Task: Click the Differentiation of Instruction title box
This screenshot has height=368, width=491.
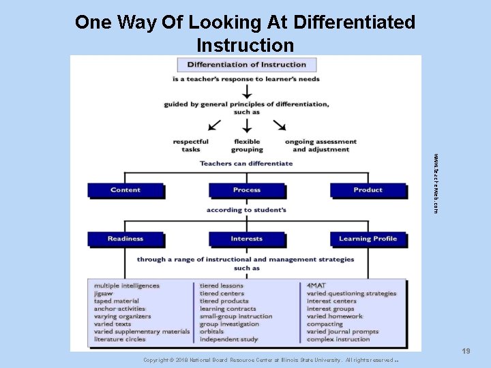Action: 246,65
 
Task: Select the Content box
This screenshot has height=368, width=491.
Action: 125,190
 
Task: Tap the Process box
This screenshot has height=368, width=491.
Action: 246,190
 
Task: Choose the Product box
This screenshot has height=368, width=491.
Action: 368,190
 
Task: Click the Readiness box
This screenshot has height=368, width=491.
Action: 125,239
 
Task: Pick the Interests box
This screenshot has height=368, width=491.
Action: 246,239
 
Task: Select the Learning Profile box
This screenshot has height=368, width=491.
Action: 368,239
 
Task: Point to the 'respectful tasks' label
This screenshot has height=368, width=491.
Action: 191,146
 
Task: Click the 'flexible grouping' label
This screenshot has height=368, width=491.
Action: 246,146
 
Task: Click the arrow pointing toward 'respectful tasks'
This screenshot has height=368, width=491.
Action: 214,124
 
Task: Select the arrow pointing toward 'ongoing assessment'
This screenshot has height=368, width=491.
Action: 279,124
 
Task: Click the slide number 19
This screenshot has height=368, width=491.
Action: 466,351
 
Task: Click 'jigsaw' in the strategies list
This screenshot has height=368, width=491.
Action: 105,294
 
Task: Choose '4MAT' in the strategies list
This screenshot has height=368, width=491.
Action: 316,286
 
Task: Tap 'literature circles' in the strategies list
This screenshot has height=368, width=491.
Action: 120,339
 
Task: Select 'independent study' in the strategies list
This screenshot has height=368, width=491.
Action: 228,339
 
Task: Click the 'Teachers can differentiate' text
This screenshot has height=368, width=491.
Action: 246,164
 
